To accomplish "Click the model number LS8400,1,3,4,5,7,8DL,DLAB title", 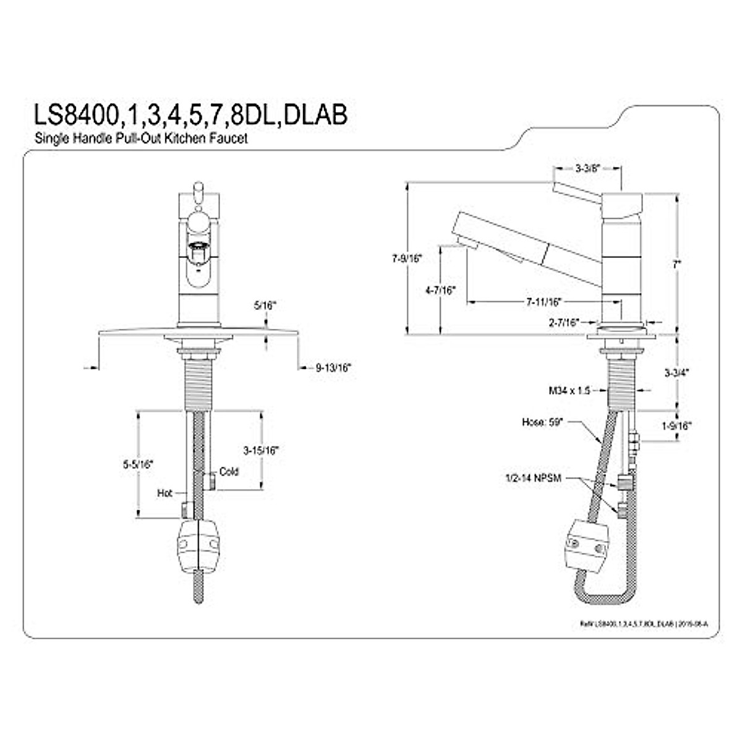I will (189, 116).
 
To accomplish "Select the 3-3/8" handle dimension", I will (587, 168).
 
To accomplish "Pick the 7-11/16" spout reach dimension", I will (544, 302).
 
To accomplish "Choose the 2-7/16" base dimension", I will (563, 322).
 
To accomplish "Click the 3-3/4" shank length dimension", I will (677, 373).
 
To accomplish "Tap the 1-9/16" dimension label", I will (676, 425).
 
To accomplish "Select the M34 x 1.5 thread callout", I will (569, 391).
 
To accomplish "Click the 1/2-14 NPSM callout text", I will (532, 478).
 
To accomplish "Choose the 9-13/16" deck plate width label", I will (333, 367).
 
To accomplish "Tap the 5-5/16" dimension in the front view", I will (137, 464).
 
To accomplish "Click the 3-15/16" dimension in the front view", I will (260, 450).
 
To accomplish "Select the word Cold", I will (229, 472).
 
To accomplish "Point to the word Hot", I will (164, 493).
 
